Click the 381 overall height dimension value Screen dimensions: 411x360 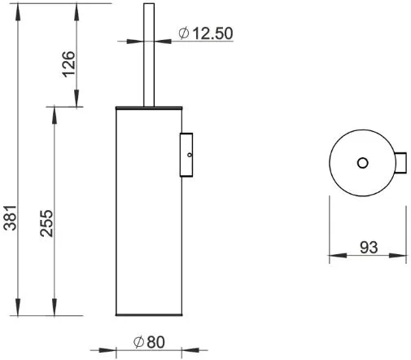point(11,217)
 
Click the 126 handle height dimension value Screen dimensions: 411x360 point(69,64)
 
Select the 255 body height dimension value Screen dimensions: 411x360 point(46,223)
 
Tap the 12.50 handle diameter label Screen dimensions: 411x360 point(212,33)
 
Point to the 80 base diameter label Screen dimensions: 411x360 point(155,342)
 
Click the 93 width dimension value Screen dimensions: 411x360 point(369,248)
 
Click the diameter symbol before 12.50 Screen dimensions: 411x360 point(184,33)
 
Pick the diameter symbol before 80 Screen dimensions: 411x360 point(138,342)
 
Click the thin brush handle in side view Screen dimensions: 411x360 point(149,55)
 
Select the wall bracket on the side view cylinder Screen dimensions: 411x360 point(186,155)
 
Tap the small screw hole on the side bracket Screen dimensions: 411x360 point(190,155)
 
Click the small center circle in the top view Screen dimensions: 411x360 point(362,163)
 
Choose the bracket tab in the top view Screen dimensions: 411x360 point(400,163)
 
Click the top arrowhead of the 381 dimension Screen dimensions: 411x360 point(18,12)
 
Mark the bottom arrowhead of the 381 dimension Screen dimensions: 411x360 point(18,307)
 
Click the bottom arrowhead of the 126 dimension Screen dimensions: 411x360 point(77,98)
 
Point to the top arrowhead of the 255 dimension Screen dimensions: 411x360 point(55,116)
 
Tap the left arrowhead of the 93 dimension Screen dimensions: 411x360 point(338,255)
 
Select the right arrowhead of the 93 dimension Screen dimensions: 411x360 point(397,255)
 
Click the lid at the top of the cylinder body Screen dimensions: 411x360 point(149,108)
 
